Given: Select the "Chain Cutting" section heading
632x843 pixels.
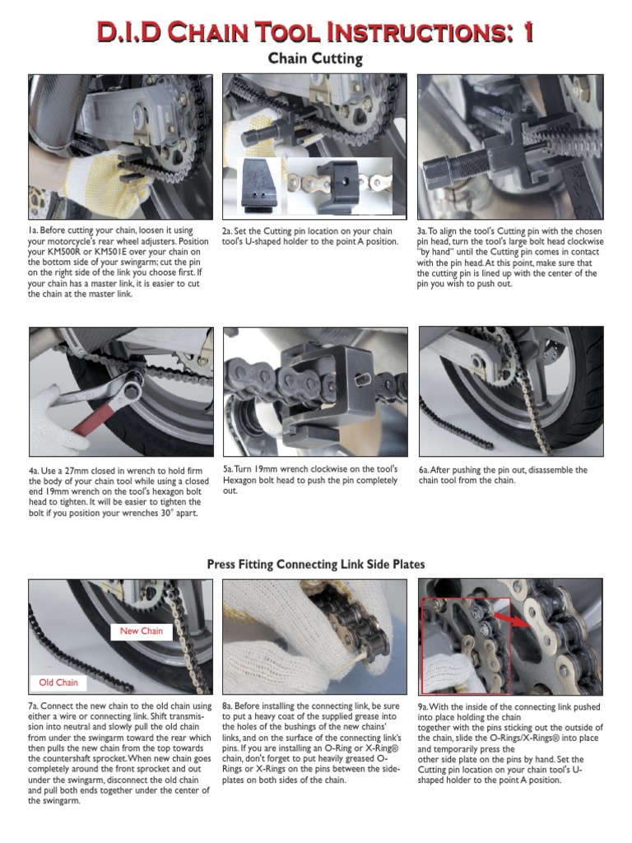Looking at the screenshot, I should click(x=316, y=59).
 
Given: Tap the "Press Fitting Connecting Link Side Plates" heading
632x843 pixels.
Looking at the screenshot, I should click(x=316, y=564).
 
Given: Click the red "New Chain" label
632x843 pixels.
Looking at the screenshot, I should click(x=142, y=631).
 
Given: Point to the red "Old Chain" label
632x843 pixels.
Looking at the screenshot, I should click(x=58, y=682).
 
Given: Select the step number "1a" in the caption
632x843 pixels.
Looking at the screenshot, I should click(x=34, y=231).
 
